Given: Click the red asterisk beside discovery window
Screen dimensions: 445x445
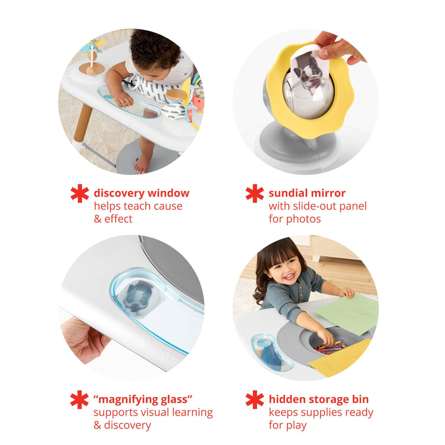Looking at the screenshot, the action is pos(80,194).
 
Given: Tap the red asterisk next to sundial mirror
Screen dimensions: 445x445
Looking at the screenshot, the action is pos(255,194).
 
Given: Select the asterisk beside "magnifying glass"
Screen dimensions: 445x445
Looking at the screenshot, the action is pos(80,399).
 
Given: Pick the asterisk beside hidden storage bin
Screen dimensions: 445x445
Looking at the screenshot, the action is pos(255,399).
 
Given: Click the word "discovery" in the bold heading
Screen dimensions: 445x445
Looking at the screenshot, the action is pos(119,194).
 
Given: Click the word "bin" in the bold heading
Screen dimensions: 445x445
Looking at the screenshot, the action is pos(360,399).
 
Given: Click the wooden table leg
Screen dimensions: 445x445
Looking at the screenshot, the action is pos(83,123).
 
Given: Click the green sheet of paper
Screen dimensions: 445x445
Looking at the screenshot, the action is pos(348,313).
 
